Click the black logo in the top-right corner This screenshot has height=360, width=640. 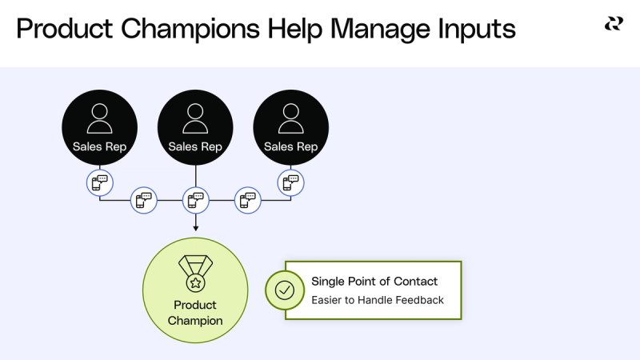(614, 24)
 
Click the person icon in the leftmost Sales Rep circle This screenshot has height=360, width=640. (100, 118)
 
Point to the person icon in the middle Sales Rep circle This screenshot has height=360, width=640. (195, 118)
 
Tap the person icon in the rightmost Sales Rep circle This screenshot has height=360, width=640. (290, 118)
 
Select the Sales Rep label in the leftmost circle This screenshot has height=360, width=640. (100, 146)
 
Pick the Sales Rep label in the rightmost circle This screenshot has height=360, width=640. (290, 146)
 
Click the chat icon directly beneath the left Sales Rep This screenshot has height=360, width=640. (100, 182)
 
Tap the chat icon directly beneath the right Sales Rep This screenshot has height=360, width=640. (290, 182)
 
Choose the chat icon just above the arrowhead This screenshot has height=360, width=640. (195, 200)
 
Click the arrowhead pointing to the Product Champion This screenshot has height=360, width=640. (195, 229)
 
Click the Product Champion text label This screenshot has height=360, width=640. (195, 313)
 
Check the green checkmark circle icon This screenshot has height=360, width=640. (285, 290)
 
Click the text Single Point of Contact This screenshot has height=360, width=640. (374, 282)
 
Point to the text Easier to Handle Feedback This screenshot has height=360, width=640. (377, 300)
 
